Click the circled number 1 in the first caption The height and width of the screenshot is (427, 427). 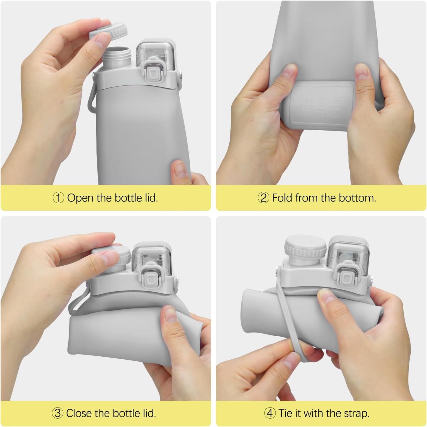pos(58,198)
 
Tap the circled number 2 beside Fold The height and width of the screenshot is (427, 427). pos(264,198)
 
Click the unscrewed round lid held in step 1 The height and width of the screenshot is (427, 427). pos(109,31)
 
